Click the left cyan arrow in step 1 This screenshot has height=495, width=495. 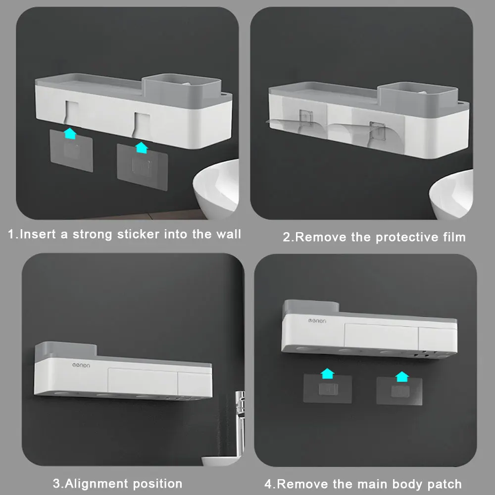[70, 133]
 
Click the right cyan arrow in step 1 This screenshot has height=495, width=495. [142, 148]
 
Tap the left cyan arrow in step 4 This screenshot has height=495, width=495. [327, 373]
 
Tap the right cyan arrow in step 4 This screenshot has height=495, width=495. [402, 377]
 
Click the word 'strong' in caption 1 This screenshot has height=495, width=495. [93, 235]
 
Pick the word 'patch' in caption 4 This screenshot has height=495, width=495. [445, 484]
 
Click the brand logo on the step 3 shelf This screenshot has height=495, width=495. [81, 365]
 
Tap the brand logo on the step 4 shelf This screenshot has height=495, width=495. [317, 321]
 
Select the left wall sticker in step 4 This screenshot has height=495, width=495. [328, 389]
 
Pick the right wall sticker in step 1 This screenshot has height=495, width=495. [143, 167]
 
